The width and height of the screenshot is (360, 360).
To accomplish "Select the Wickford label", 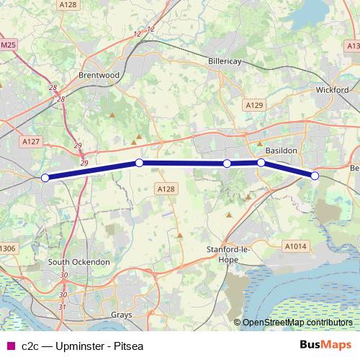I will pos(332,91).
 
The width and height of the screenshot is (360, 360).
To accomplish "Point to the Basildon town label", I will pos(282,150).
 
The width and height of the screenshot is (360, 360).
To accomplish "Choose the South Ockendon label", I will pos(79,261).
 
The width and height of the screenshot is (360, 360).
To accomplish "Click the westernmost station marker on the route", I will pos(45,178).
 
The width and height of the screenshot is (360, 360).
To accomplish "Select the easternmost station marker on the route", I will pos(315,176).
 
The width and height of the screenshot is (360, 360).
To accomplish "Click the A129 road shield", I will pos(253,105).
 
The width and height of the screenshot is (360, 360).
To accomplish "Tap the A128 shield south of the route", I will pos(166,189).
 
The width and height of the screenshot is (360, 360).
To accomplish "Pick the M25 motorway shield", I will pos(8,45).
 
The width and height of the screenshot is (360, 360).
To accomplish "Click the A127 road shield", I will pos(31,142).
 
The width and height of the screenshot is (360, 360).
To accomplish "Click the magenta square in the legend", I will pos(9,346).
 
